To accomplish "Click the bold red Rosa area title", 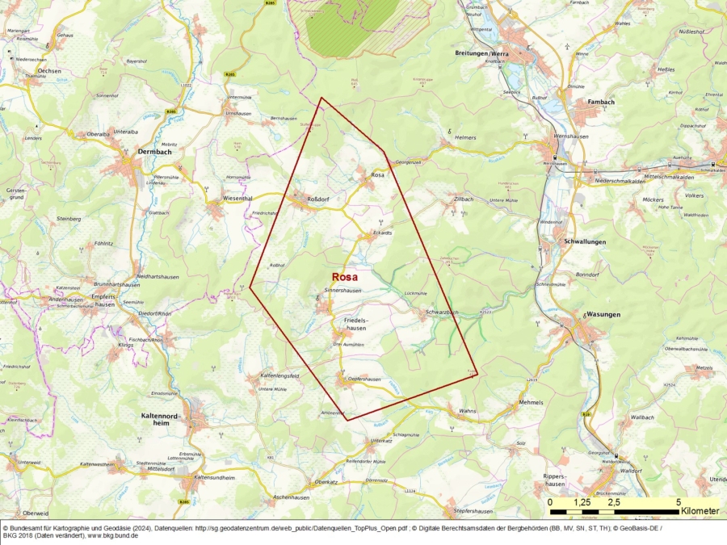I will (345, 276).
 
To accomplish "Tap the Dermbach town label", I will (132, 151).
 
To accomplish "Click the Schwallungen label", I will (581, 241).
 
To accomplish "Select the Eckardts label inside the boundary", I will (381, 233).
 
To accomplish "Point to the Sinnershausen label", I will (342, 290).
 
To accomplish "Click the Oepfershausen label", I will (363, 379).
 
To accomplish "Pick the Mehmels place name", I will (532, 402).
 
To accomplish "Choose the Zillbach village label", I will (464, 198).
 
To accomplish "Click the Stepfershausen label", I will (473, 511).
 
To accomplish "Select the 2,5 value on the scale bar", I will (614, 502).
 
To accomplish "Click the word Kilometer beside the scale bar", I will (700, 511).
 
